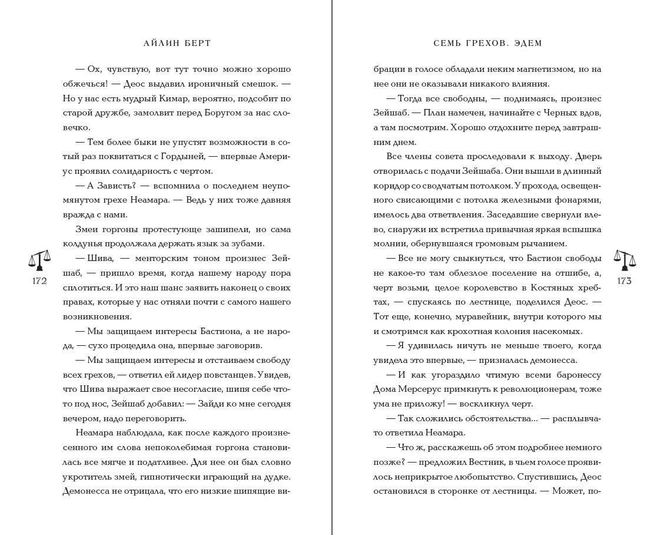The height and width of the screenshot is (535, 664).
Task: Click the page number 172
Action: click(39, 281)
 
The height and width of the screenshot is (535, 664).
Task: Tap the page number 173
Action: click(625, 281)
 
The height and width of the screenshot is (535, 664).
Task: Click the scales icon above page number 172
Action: click(39, 260)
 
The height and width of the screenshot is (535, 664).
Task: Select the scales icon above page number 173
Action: click(625, 260)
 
